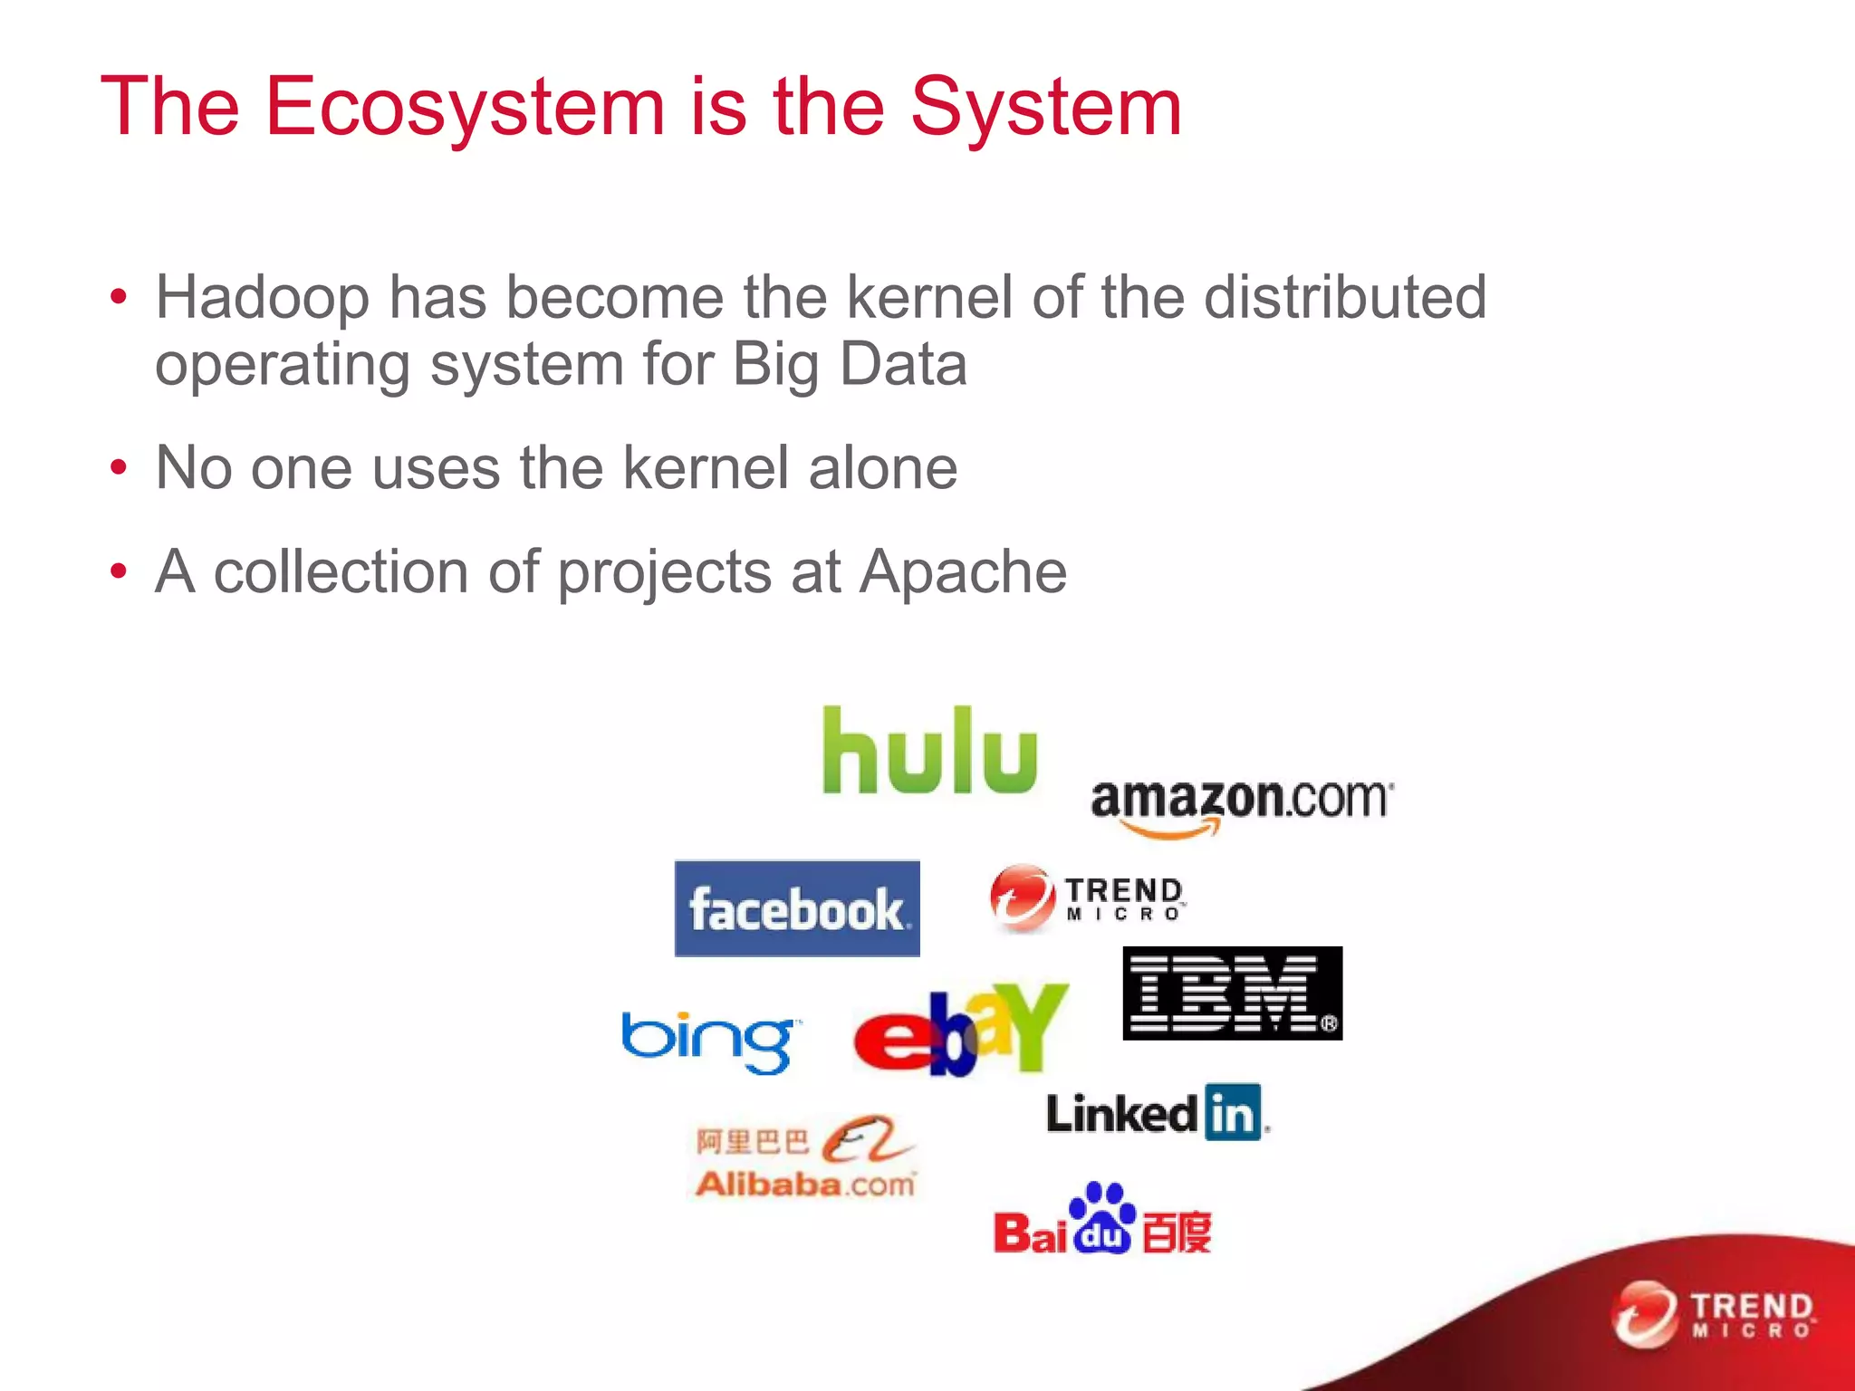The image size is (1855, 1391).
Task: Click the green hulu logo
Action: (929, 752)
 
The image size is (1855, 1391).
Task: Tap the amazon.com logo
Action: (1241, 804)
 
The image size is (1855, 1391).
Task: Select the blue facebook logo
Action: (797, 908)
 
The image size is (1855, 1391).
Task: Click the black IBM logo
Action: (1232, 993)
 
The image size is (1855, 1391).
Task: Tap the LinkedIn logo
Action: (1157, 1112)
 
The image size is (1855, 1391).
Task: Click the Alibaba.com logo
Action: (805, 1158)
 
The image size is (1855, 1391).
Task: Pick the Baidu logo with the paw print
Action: (1102, 1221)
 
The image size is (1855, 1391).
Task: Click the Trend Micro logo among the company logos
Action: (1087, 897)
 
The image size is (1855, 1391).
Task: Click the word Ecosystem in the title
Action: (466, 107)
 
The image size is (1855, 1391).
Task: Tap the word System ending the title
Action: (1045, 107)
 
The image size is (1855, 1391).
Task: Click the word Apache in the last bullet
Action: (963, 571)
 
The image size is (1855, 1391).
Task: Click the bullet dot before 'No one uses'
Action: (119, 468)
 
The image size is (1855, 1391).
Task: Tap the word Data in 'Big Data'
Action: (903, 364)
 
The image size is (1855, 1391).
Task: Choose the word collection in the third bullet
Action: (341, 571)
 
